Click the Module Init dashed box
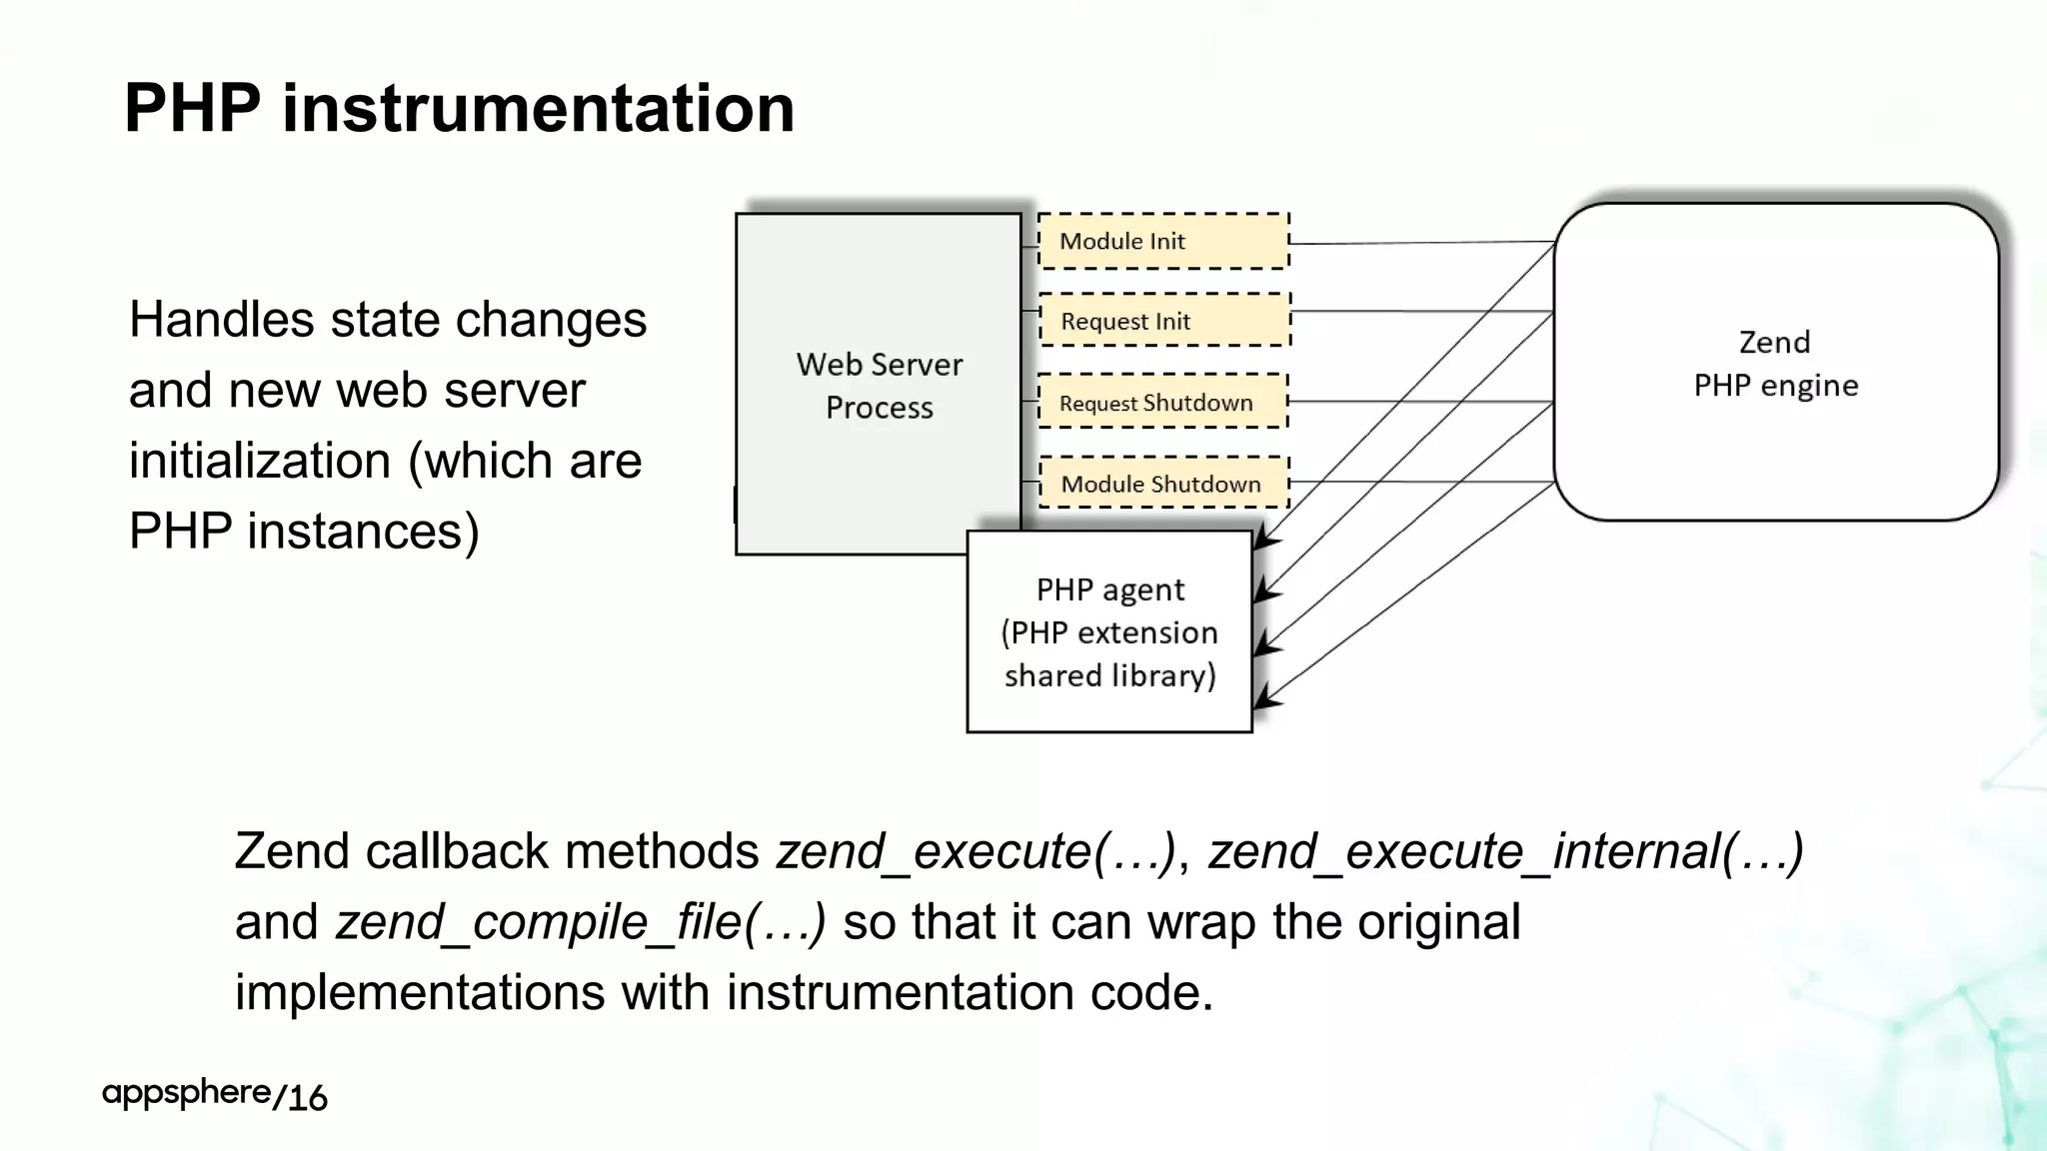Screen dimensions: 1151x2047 click(x=1163, y=241)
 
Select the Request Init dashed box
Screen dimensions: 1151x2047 click(x=1164, y=321)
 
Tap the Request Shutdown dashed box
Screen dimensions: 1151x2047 click(x=1162, y=402)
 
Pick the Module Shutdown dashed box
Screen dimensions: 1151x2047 click(x=1163, y=484)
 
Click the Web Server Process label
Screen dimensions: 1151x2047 click(x=880, y=386)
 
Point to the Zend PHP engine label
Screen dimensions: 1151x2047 click(x=1775, y=364)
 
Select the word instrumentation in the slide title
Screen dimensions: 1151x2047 click(x=538, y=108)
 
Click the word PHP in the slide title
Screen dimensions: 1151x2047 click(x=192, y=108)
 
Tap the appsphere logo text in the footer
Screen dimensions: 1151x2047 click(x=186, y=1092)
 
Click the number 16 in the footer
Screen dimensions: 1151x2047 click(x=308, y=1097)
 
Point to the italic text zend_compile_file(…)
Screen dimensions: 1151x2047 click(x=581, y=921)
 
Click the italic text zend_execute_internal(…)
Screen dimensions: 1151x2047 click(x=1505, y=851)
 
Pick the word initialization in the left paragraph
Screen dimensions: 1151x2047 click(x=260, y=461)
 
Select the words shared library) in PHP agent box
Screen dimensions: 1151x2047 click(x=1109, y=676)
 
